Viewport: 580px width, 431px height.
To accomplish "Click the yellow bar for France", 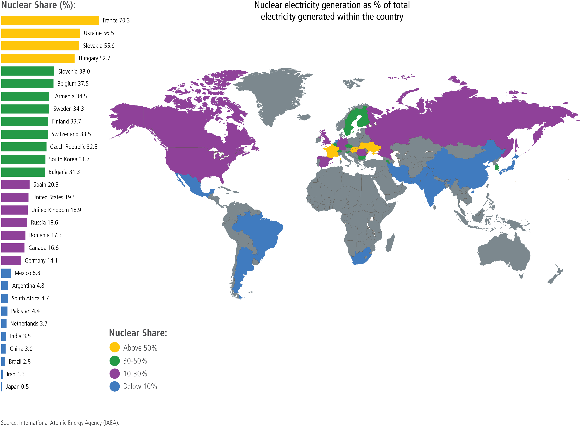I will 50,20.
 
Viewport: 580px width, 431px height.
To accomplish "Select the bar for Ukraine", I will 40,33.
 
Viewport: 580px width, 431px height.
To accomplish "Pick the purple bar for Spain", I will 15,185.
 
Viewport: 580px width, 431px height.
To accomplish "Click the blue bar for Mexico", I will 6,273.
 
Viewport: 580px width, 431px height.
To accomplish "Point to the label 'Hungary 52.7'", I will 94,58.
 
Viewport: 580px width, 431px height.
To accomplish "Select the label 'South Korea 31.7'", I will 69,159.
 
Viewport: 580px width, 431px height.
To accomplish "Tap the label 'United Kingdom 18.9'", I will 56,210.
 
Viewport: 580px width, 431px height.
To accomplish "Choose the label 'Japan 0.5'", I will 17,387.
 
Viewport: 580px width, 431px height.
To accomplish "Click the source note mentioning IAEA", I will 60,423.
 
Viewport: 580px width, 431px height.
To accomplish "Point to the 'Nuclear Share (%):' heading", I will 38,5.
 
